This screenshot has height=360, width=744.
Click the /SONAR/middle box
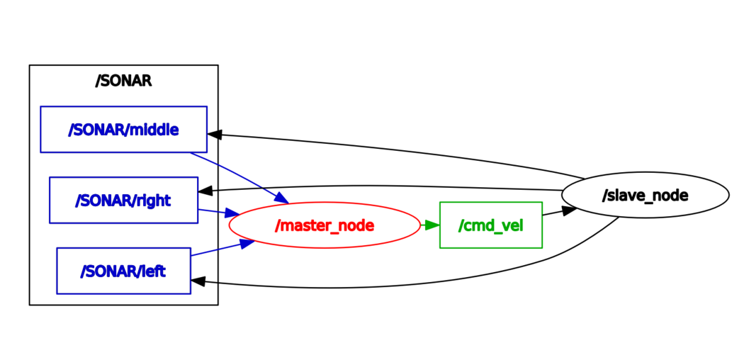click(x=123, y=129)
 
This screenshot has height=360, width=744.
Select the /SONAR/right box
click(x=123, y=200)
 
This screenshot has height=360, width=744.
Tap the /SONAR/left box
click(x=123, y=270)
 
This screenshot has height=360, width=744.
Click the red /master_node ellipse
click(x=325, y=225)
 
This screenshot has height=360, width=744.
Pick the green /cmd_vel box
click(x=490, y=225)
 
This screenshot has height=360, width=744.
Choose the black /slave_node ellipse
click(x=645, y=195)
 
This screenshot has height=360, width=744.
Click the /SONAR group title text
click(x=123, y=81)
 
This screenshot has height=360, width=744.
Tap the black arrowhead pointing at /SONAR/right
click(x=206, y=191)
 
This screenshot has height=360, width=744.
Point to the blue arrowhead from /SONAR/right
click(x=230, y=213)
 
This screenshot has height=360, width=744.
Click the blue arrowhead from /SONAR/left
click(x=247, y=243)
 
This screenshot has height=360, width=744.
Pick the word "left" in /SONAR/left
click(x=154, y=270)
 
